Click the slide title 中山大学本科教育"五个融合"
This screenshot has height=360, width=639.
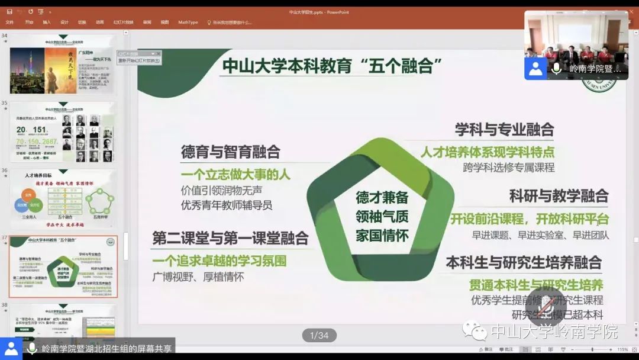click(333, 66)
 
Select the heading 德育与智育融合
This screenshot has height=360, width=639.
click(230, 152)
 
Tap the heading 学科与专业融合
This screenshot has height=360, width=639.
click(504, 129)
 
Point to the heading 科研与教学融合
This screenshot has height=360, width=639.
click(559, 195)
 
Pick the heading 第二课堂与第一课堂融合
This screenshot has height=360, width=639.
click(230, 238)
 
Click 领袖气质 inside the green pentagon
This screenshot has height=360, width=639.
click(382, 216)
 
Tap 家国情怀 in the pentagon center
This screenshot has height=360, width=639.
click(382, 235)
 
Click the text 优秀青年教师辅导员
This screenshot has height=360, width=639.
click(227, 205)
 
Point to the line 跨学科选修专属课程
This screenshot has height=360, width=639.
click(509, 167)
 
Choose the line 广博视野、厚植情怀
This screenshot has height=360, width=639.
click(198, 277)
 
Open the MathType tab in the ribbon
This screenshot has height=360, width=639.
click(188, 22)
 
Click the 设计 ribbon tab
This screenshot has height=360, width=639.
click(64, 22)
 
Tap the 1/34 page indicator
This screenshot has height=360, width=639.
click(319, 336)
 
